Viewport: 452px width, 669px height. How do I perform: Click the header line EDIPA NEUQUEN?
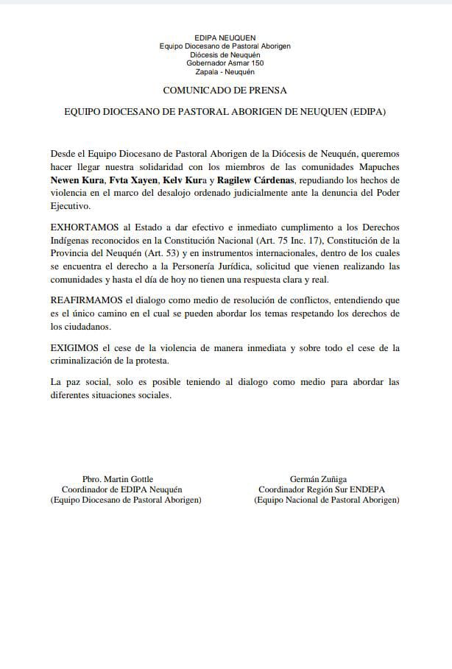pyautogui.click(x=225, y=36)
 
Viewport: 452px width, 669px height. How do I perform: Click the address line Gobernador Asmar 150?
pyautogui.click(x=225, y=63)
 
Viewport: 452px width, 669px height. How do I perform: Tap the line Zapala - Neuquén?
pyautogui.click(x=225, y=72)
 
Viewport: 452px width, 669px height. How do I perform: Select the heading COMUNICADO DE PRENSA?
pyautogui.click(x=225, y=90)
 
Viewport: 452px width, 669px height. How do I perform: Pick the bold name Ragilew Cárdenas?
pyautogui.click(x=254, y=180)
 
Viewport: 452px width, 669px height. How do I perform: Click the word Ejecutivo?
pyautogui.click(x=69, y=206)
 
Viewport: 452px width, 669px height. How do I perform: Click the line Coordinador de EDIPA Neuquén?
pyautogui.click(x=121, y=489)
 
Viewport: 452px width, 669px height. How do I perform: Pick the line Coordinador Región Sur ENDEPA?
pyautogui.click(x=322, y=489)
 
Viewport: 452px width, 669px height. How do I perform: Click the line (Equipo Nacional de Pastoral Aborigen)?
pyautogui.click(x=327, y=500)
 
